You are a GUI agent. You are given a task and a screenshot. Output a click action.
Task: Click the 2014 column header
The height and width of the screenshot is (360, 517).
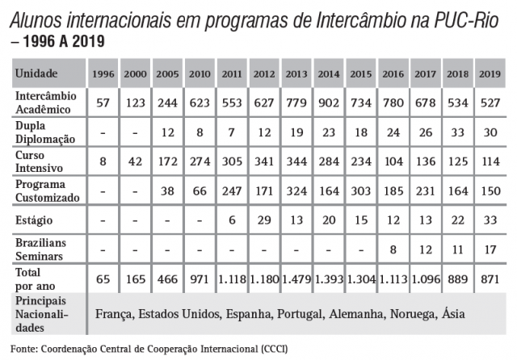click(329, 73)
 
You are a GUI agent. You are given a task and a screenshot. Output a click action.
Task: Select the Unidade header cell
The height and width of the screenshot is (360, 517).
click(37, 73)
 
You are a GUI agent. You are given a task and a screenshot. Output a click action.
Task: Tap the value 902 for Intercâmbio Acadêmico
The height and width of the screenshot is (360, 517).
click(329, 103)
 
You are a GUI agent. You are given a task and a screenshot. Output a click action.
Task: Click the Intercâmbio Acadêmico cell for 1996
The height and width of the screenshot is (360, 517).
click(103, 103)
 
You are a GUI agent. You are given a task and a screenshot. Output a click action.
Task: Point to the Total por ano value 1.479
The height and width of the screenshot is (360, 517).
click(296, 279)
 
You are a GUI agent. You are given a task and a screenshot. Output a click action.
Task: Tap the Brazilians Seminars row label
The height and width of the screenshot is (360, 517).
click(41, 249)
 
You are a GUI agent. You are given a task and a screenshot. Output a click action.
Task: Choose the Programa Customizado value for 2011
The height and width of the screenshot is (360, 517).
click(232, 190)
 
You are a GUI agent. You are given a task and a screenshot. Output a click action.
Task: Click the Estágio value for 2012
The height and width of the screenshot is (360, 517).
click(264, 220)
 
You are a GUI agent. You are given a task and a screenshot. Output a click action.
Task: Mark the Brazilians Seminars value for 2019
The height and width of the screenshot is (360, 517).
click(489, 249)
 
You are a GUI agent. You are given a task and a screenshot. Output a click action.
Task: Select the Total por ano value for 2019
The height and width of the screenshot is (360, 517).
click(489, 279)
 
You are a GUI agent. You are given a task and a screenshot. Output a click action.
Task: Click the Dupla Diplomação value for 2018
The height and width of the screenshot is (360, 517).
click(458, 131)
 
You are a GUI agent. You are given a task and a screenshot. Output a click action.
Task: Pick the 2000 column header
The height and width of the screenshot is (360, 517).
click(136, 73)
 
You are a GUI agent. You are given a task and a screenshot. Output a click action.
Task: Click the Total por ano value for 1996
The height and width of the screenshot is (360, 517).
click(103, 279)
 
